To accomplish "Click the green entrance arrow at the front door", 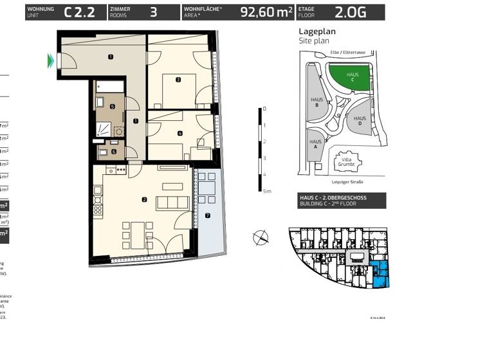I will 50,61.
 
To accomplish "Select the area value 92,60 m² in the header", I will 266,12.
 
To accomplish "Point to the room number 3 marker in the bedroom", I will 178,80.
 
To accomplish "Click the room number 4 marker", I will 180,133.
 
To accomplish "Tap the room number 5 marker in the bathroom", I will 112,107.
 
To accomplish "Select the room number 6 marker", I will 114,152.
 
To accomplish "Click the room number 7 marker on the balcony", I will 207,215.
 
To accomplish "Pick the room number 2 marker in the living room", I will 144,200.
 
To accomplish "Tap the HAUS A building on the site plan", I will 315,144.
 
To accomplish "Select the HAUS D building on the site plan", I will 360,120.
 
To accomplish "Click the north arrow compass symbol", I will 261,237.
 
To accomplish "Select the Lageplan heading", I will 317,31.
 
